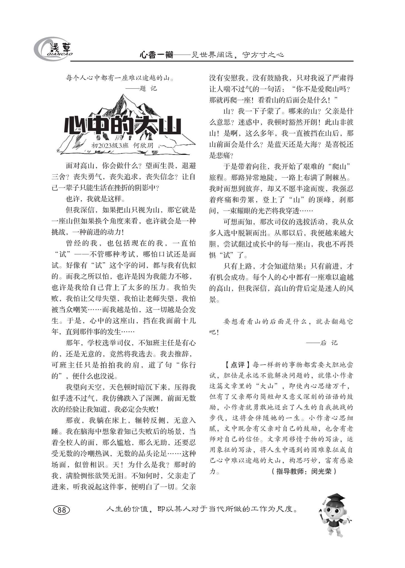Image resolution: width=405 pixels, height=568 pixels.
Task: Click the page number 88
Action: pos(61,509)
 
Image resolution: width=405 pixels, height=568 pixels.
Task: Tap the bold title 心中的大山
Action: pos(122,127)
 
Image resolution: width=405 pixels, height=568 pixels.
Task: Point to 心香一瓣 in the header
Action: pos(156,55)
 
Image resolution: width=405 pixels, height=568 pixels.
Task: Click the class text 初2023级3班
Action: pos(110,145)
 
